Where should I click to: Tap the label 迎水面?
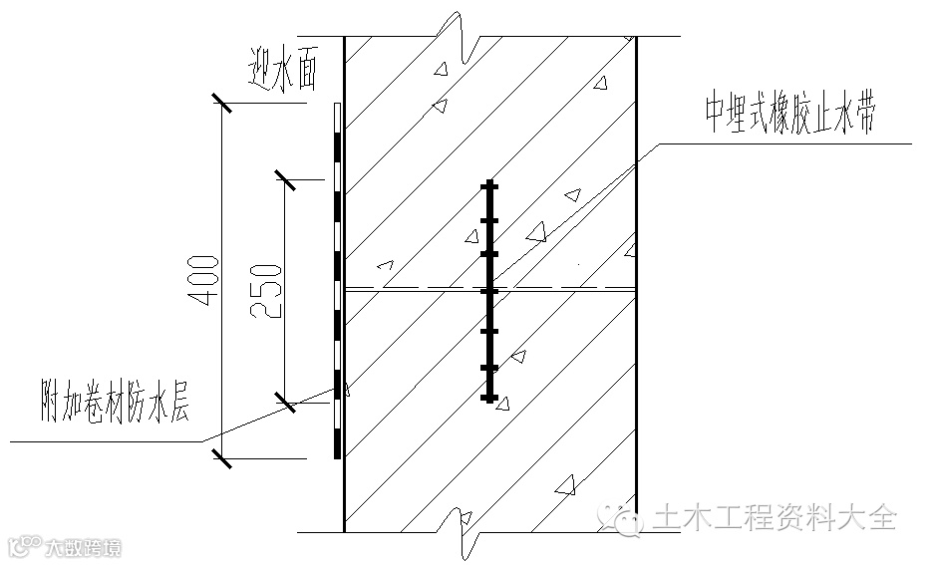click(284, 71)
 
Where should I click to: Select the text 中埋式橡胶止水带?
click(790, 119)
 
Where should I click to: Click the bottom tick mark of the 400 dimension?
click(221, 458)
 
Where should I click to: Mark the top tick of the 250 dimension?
click(285, 179)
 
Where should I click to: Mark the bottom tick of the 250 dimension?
click(285, 404)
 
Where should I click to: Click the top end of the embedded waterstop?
click(489, 183)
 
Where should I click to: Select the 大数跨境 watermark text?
click(84, 547)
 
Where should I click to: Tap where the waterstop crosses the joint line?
click(489, 290)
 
